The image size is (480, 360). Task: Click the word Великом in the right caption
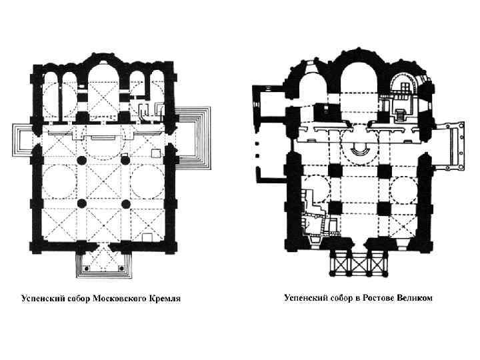415,297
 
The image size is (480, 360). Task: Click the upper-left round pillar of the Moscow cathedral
82,161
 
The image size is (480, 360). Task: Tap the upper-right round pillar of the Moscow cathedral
125,161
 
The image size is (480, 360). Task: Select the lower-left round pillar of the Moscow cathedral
82,203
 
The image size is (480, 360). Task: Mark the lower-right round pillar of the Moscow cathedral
125,203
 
